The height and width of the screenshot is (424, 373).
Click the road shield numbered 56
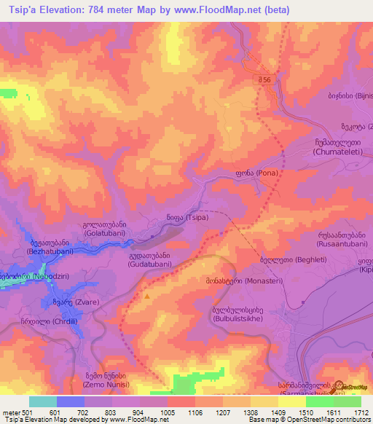[x=264, y=80]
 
